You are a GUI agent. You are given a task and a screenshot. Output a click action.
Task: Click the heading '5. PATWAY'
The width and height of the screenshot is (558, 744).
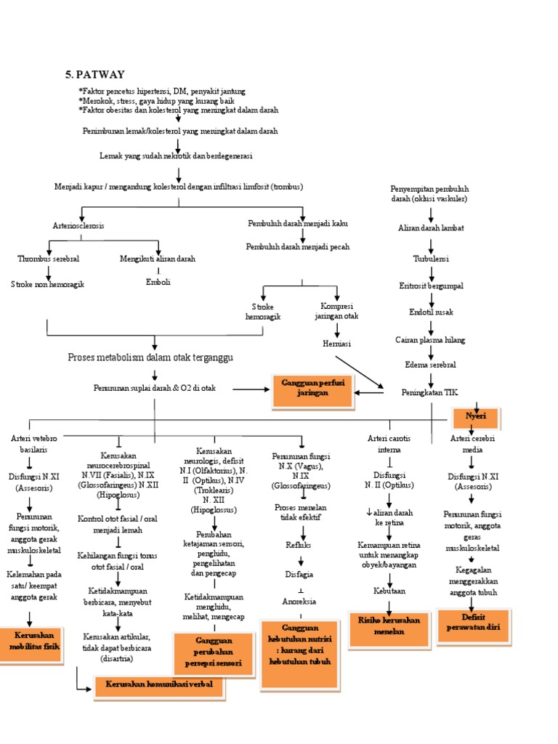click(x=95, y=74)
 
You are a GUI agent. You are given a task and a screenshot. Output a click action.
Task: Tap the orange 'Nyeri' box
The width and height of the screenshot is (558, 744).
click(x=471, y=417)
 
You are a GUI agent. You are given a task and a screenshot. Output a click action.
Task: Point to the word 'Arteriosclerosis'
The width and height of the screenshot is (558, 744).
click(x=78, y=226)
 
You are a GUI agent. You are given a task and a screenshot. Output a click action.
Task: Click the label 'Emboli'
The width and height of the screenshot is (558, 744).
click(x=158, y=282)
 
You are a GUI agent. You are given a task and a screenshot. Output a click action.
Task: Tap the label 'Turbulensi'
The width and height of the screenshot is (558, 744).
click(x=431, y=258)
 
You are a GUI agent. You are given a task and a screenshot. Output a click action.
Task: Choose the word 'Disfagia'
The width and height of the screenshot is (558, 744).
click(x=299, y=574)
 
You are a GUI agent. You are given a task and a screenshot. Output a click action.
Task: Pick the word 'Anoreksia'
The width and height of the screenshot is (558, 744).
click(x=299, y=602)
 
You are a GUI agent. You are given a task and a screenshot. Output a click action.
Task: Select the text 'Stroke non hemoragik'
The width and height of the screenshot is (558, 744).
click(x=48, y=284)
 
